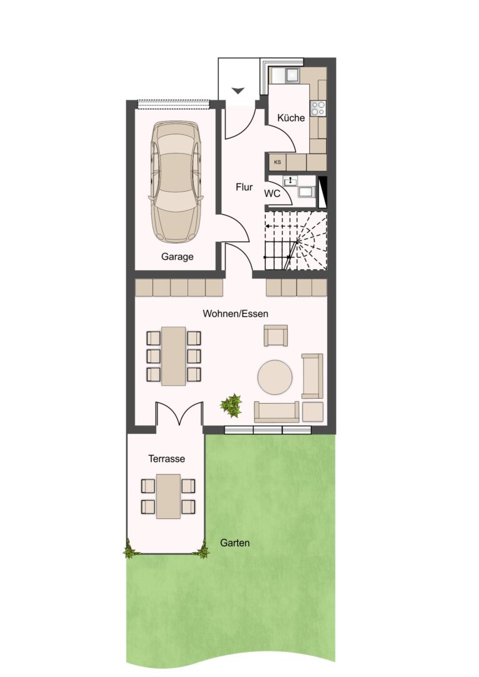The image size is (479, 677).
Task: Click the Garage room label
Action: pos(177,256)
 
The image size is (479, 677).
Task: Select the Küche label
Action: pos(291,117)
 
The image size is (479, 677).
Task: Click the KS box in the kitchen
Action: pos(277,162)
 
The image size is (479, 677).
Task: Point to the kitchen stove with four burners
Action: pos(318,108)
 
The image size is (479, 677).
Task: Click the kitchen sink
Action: pos(292,75)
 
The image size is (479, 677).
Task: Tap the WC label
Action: pos(272,194)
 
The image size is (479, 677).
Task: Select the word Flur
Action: pos(244,187)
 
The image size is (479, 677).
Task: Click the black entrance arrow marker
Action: pos(238,91)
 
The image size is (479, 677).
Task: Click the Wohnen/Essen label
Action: pos(235,313)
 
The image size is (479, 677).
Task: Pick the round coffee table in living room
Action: pos(275,377)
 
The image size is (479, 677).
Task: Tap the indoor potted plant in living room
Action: pos(231,405)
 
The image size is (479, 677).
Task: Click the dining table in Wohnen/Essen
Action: pos(174,356)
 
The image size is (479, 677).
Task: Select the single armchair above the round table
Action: pos(276,335)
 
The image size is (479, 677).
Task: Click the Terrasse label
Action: pos(167,458)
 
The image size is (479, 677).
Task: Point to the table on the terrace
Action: pos(169,496)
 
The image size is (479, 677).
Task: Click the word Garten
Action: pos(235,543)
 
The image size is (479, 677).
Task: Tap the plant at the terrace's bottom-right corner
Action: pos(202,550)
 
